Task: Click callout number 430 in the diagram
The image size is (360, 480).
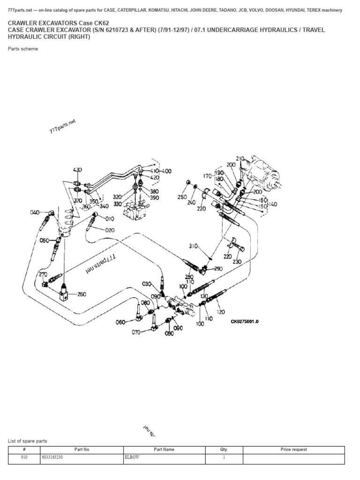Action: pyautogui.click(x=77, y=170)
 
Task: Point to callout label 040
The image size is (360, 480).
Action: pyautogui.click(x=35, y=212)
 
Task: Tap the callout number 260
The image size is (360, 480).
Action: pyautogui.click(x=82, y=294)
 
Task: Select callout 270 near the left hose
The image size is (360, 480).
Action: pyautogui.click(x=43, y=275)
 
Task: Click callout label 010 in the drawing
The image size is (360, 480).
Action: pyautogui.click(x=110, y=219)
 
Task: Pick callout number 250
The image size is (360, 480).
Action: pyautogui.click(x=182, y=198)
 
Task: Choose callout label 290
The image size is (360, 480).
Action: pyautogui.click(x=218, y=269)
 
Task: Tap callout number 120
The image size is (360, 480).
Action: pyautogui.click(x=221, y=311)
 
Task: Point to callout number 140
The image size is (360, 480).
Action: pyautogui.click(x=272, y=204)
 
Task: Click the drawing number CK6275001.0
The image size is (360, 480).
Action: pyautogui.click(x=244, y=322)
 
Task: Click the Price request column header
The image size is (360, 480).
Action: pyautogui.click(x=293, y=449)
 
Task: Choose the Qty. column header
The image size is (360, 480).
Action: pyautogui.click(x=224, y=449)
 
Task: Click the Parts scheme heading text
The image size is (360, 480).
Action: pyautogui.click(x=23, y=49)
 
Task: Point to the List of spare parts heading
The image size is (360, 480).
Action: pyautogui.click(x=28, y=441)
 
